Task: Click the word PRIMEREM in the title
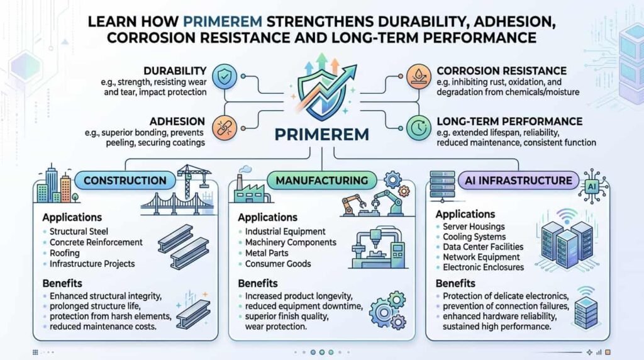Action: coord(222,21)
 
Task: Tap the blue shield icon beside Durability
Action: coord(225,76)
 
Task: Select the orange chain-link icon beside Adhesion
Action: coord(225,127)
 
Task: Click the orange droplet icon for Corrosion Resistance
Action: coord(418,76)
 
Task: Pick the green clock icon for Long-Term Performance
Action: coord(418,127)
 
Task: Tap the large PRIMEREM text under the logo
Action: coord(321,135)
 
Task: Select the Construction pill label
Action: coord(125,181)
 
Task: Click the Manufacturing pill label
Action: coord(321,181)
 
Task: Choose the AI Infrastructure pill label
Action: coord(518,181)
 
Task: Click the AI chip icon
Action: coord(592,186)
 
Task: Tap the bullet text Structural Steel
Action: coord(79,232)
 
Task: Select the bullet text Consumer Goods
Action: coord(278,264)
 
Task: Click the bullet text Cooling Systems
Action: coord(474,237)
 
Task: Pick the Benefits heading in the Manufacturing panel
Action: coord(258,283)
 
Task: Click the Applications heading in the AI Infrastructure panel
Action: coord(465,214)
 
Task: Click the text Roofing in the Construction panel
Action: coord(65,253)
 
